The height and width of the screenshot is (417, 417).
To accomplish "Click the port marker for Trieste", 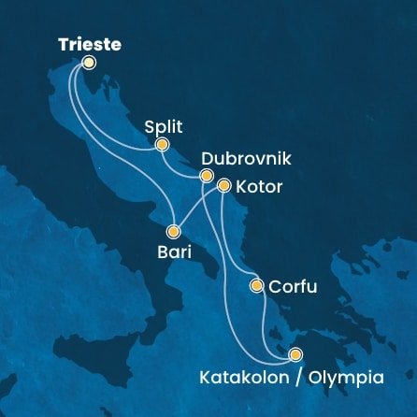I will [x=89, y=63].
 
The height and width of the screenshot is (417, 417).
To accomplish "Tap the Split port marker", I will [x=162, y=145].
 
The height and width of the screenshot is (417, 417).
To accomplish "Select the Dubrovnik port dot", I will [x=208, y=177].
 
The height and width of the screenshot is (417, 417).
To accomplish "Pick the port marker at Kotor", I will [x=223, y=186].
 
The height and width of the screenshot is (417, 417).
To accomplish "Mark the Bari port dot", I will [x=174, y=231].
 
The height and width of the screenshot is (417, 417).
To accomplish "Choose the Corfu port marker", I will [x=257, y=286].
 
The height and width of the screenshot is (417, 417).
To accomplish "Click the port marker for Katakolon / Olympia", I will [x=295, y=354].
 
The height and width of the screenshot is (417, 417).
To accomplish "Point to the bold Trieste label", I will [x=90, y=44].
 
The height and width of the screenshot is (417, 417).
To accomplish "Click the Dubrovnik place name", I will [x=244, y=159].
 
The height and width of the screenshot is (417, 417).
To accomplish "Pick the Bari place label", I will [x=172, y=252].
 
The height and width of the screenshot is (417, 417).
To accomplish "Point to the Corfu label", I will [x=293, y=288].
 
